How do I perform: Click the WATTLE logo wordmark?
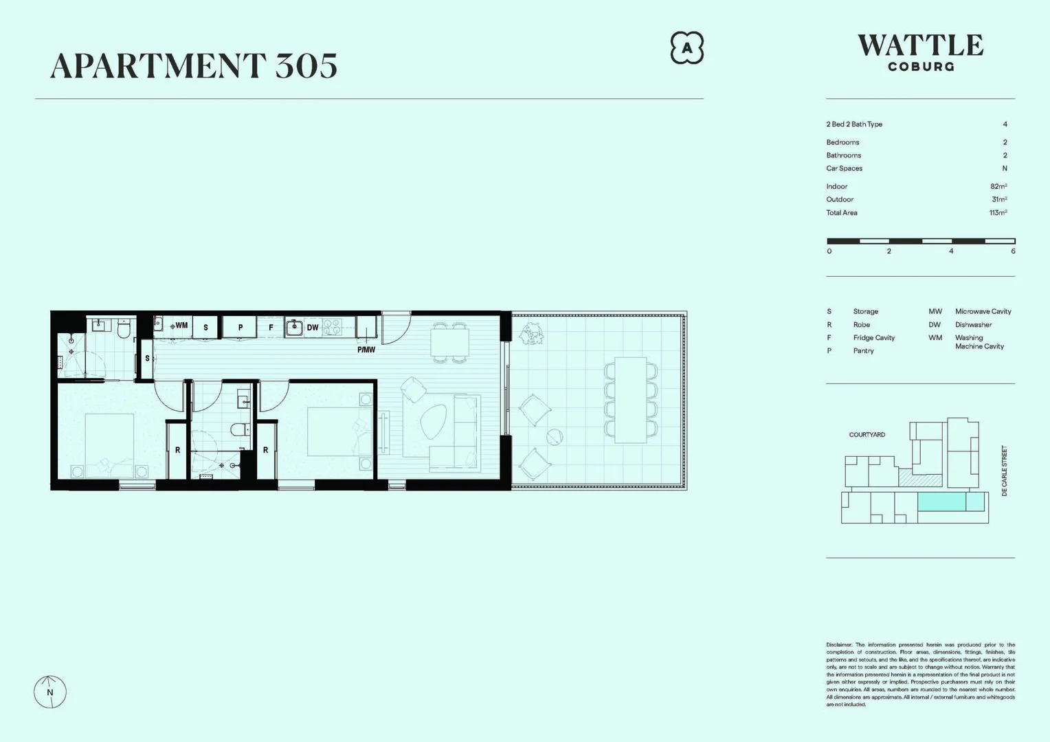pyautogui.click(x=920, y=46)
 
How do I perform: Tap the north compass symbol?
pyautogui.click(x=50, y=691)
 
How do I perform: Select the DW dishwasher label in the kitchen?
pyautogui.click(x=313, y=328)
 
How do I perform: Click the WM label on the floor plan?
pyautogui.click(x=181, y=326)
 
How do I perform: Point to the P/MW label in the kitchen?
pyautogui.click(x=366, y=350)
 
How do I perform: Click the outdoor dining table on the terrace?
pyautogui.click(x=630, y=400)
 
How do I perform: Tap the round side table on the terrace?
pyautogui.click(x=555, y=436)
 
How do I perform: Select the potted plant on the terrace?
pyautogui.click(x=530, y=335)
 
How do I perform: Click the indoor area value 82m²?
pyautogui.click(x=998, y=186)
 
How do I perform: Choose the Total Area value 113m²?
pyautogui.click(x=998, y=213)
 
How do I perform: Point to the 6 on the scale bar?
pyautogui.click(x=1013, y=251)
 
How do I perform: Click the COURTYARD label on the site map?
pyautogui.click(x=867, y=435)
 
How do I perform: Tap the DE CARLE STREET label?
pyautogui.click(x=1004, y=471)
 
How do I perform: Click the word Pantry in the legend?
pyautogui.click(x=863, y=351)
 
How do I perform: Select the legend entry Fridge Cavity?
pyautogui.click(x=873, y=338)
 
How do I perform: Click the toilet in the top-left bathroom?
pyautogui.click(x=124, y=330)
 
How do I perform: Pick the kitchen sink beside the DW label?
pyautogui.click(x=295, y=327)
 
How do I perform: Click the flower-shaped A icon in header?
pyautogui.click(x=686, y=48)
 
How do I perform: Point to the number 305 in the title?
pyautogui.click(x=306, y=66)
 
